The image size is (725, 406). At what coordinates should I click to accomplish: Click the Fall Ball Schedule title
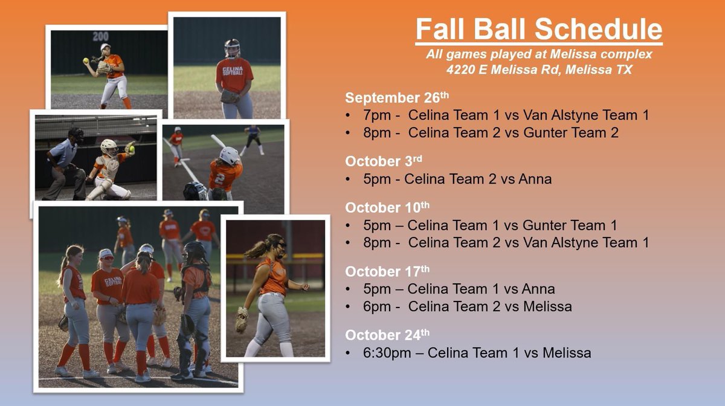tap(538, 30)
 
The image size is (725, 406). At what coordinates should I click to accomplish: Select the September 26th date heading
tap(397, 97)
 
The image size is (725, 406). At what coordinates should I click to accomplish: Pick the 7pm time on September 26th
tap(370, 115)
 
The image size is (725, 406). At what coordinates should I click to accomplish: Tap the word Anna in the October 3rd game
tap(535, 179)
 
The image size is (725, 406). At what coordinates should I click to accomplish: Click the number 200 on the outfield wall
tap(101, 36)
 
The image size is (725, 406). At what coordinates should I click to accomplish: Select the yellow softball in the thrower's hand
tap(87, 61)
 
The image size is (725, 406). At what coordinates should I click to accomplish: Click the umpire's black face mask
tap(76, 134)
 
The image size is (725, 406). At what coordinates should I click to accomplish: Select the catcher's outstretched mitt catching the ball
tap(130, 148)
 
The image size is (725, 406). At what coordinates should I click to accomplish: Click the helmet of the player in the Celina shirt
tap(232, 47)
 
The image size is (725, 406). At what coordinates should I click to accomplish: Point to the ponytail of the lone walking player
tap(256, 248)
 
